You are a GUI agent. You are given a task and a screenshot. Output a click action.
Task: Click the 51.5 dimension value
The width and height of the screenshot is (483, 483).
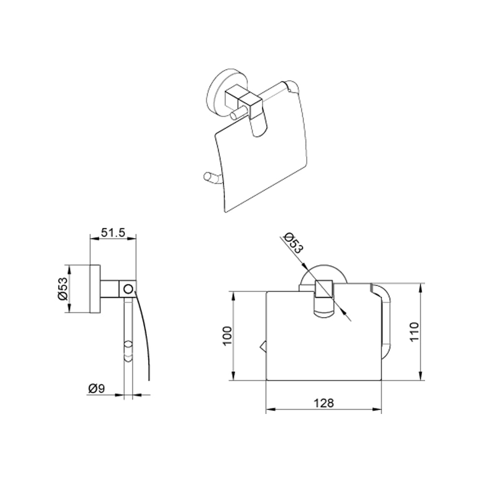click(113, 232)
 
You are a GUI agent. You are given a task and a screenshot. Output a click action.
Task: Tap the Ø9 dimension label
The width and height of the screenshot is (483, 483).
click(97, 389)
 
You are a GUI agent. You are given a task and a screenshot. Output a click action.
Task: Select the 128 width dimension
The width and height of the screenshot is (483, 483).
click(324, 403)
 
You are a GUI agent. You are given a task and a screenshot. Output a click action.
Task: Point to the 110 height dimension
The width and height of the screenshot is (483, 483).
click(414, 331)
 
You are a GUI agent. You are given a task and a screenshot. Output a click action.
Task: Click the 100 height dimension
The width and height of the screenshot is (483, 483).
click(227, 336)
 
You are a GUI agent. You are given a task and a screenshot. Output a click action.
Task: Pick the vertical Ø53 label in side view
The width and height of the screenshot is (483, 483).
click(62, 289)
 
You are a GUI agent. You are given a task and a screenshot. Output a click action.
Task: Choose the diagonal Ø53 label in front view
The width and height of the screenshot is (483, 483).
click(294, 243)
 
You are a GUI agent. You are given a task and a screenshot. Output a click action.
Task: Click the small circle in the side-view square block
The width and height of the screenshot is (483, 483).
click(128, 289)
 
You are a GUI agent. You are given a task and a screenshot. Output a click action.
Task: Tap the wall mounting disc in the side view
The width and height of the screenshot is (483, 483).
click(95, 289)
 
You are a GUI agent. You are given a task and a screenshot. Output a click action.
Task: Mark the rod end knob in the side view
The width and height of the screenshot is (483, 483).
click(128, 351)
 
